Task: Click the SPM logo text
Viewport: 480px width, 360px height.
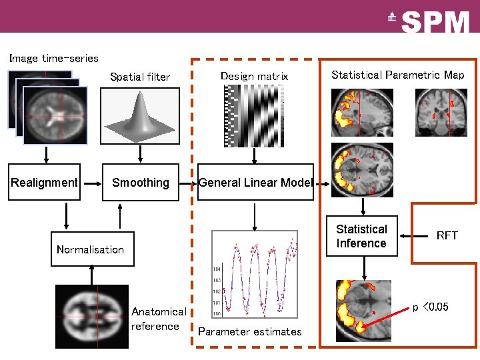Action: click(x=436, y=22)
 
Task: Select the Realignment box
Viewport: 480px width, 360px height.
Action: click(x=45, y=182)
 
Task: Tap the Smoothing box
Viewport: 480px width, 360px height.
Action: click(x=141, y=182)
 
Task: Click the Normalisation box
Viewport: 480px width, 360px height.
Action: click(x=92, y=249)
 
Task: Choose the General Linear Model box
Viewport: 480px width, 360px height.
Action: click(x=255, y=182)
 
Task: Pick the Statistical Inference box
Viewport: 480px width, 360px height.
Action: click(x=361, y=236)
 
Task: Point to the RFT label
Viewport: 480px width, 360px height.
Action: click(x=447, y=235)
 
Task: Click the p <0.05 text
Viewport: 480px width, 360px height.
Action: click(x=430, y=307)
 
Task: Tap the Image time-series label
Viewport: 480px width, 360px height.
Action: click(x=54, y=58)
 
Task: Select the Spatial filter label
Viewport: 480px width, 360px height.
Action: click(x=140, y=77)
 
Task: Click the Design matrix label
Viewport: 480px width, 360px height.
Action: click(x=254, y=76)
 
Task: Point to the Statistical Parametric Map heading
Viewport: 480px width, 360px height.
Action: click(x=397, y=75)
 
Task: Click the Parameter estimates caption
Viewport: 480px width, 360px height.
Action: click(x=249, y=331)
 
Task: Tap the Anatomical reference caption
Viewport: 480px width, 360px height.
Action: click(x=159, y=319)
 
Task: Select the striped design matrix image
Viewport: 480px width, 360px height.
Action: click(x=254, y=117)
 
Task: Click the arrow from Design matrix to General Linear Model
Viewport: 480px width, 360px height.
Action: click(x=254, y=156)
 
